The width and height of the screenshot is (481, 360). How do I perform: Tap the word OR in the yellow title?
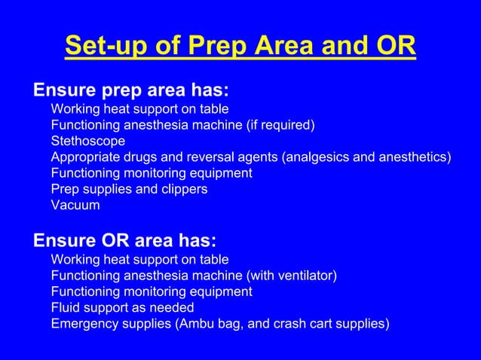394,46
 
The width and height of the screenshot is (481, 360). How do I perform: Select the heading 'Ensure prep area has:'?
131,90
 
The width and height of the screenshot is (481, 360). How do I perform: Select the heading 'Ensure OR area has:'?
124,241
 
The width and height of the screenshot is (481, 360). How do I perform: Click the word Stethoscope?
88,141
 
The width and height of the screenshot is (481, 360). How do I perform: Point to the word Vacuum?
75,205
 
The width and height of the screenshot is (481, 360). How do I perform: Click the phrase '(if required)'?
280,125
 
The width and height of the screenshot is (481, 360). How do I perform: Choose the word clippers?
181,189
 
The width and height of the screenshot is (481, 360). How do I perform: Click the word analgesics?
316,157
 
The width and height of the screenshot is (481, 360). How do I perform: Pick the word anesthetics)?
414,157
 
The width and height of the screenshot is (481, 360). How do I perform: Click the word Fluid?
66,307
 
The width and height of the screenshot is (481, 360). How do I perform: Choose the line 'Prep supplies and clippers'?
129,189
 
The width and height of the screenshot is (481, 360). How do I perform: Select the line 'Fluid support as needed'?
122,307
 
